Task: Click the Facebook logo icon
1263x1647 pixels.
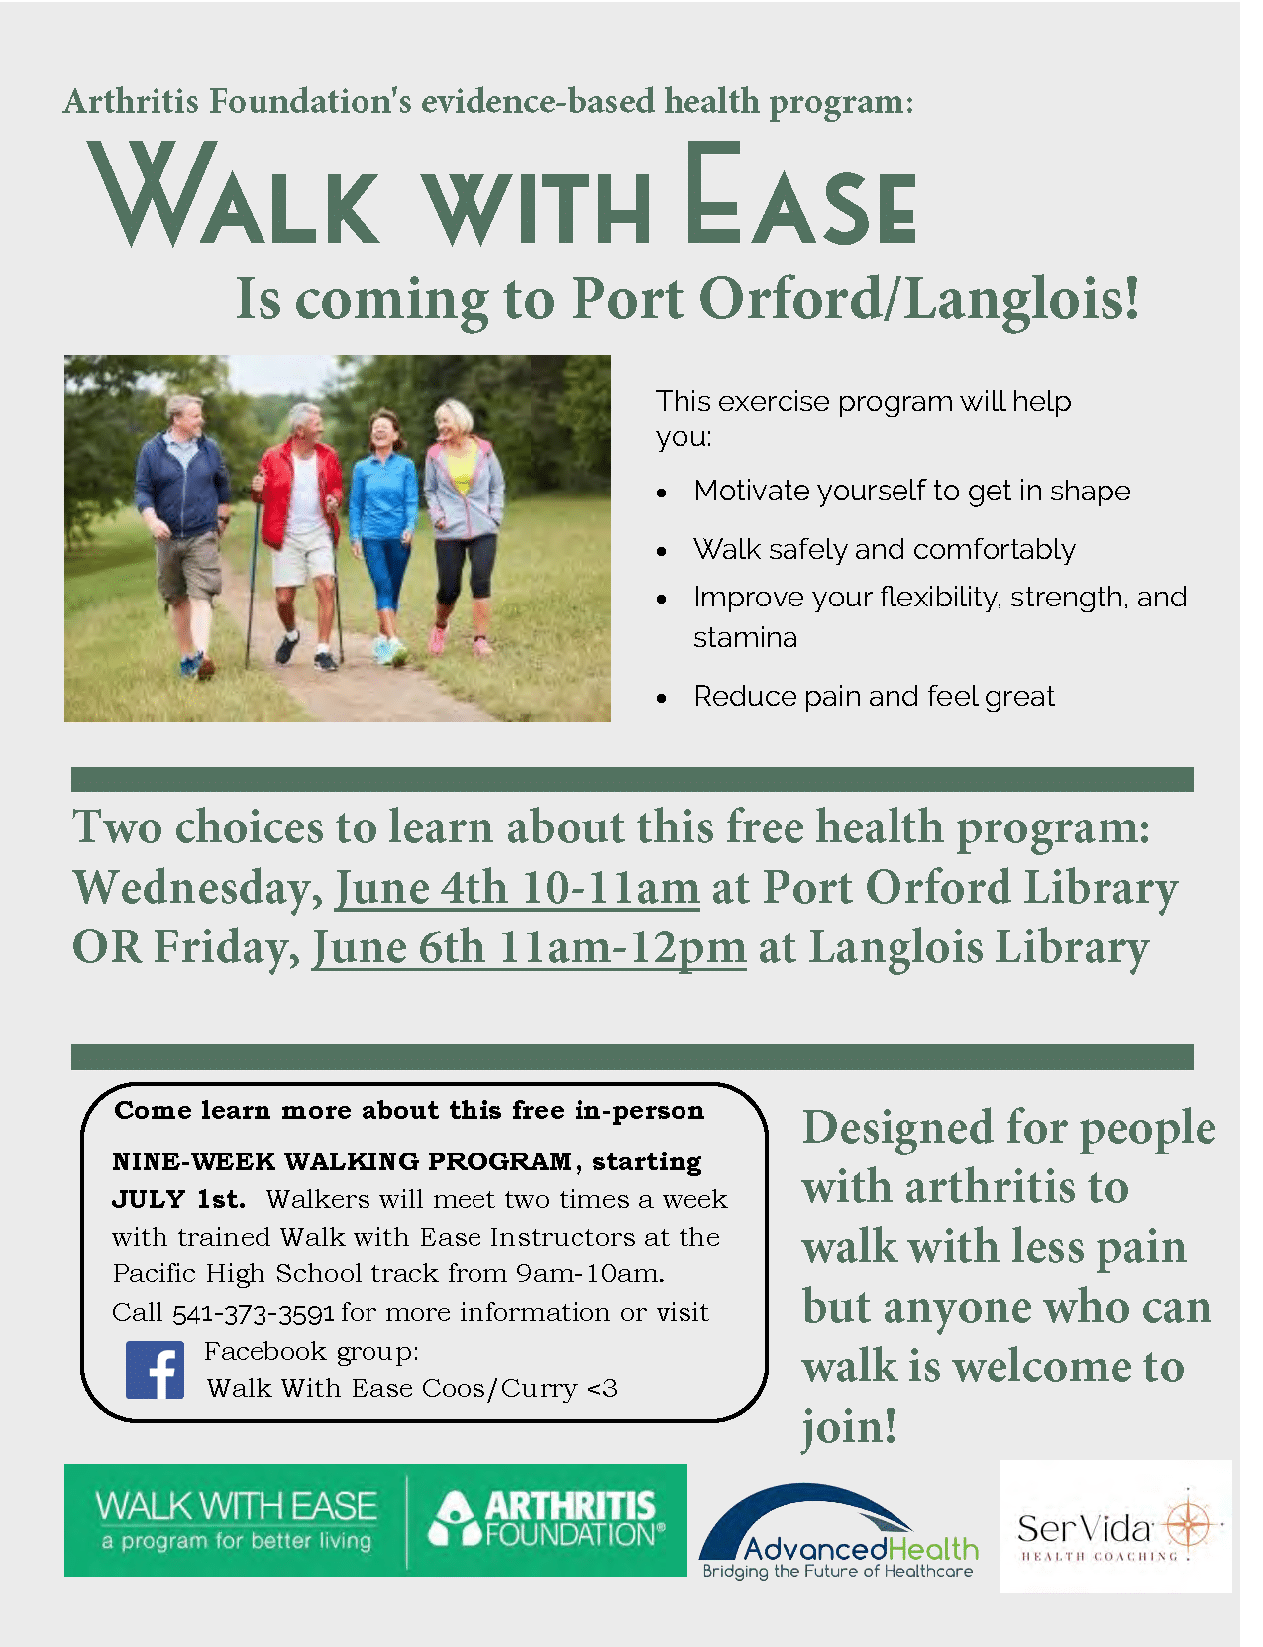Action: pyautogui.click(x=155, y=1370)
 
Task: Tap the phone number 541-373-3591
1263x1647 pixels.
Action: pyautogui.click(x=253, y=1313)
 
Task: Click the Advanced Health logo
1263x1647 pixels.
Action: pyautogui.click(x=838, y=1530)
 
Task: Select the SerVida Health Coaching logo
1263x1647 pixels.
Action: pyautogui.click(x=1115, y=1526)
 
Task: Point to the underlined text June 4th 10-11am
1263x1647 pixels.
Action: pyautogui.click(x=517, y=887)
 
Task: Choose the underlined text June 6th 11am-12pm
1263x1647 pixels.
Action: pyautogui.click(x=529, y=947)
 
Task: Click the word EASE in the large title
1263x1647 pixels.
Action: pyautogui.click(x=801, y=194)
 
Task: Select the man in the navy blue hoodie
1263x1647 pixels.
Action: pyautogui.click(x=184, y=534)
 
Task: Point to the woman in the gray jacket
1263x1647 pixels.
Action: pyautogui.click(x=463, y=525)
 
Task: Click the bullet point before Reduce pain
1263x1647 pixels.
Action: pyautogui.click(x=662, y=698)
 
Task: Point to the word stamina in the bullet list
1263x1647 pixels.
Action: pyautogui.click(x=746, y=638)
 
